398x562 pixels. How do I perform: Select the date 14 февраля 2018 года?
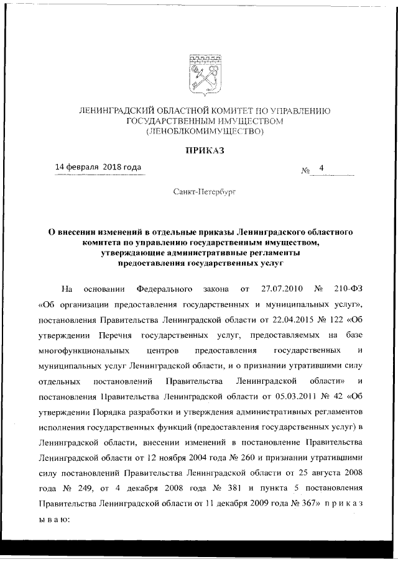click(x=98, y=167)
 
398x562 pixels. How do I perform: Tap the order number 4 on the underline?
click(x=322, y=168)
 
